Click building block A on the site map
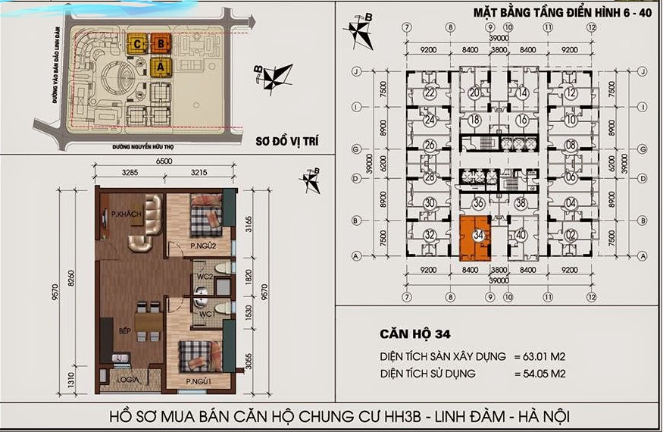coord(160,66)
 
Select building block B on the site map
coord(160,43)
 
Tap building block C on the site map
coord(136,44)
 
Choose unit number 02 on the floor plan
coord(571,234)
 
